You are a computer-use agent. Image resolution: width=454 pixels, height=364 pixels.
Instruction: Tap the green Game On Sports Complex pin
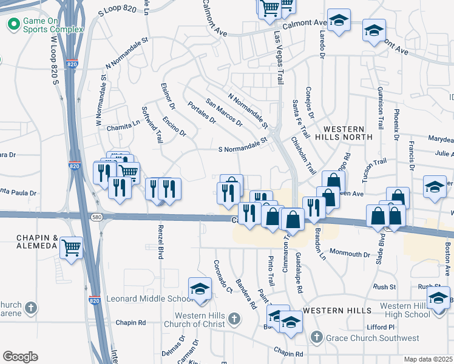(x=13, y=25)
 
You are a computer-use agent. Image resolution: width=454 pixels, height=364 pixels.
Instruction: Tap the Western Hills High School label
(x=405, y=309)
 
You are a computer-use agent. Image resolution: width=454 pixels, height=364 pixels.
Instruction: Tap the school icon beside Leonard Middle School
(x=199, y=289)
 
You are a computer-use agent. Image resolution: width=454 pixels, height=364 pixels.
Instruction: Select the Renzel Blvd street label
(x=160, y=242)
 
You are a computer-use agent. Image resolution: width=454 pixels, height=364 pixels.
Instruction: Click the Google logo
(x=20, y=357)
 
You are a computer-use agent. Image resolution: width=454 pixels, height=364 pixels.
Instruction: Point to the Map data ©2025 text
(x=429, y=359)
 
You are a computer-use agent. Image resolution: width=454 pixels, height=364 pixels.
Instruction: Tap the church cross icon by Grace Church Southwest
(x=316, y=337)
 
